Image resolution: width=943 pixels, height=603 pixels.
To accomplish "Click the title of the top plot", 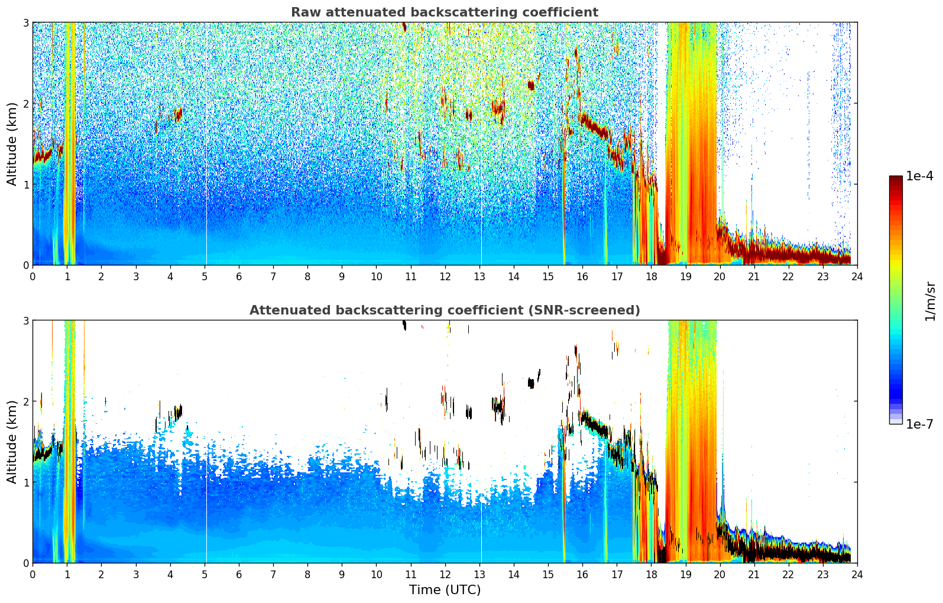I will pyautogui.click(x=444, y=12).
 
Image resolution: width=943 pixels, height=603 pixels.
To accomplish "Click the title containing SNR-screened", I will pyautogui.click(x=444, y=310).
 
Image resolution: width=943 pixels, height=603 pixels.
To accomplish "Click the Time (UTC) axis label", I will pyautogui.click(x=445, y=590).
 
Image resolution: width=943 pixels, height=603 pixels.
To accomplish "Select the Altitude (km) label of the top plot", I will pyautogui.click(x=12, y=144).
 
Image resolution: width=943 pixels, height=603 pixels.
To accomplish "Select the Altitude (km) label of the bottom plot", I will pyautogui.click(x=12, y=442).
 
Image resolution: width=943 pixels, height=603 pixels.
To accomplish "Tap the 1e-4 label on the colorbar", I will pyautogui.click(x=919, y=176).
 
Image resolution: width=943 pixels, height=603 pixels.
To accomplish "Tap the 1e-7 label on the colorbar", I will pyautogui.click(x=919, y=424).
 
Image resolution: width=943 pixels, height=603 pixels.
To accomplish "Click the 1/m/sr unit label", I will pyautogui.click(x=930, y=301).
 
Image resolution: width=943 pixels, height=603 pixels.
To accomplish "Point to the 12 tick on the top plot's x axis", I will pyautogui.click(x=445, y=276).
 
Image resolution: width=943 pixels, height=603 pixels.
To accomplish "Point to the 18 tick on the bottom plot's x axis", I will pyautogui.click(x=651, y=574).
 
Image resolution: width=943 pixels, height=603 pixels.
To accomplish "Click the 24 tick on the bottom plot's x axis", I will pyautogui.click(x=857, y=574).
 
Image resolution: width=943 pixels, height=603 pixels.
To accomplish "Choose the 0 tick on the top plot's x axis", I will pyautogui.click(x=33, y=276).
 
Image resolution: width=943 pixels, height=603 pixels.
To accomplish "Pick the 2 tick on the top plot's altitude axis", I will pyautogui.click(x=25, y=103).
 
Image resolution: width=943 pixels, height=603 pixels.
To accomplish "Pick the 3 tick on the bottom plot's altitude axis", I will pyautogui.click(x=25, y=320).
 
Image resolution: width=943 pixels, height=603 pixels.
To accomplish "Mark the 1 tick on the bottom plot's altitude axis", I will pyautogui.click(x=25, y=482).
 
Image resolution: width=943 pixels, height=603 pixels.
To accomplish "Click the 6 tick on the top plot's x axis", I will pyautogui.click(x=239, y=276).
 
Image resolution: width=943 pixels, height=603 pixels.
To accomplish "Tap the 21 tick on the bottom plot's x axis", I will pyautogui.click(x=754, y=574).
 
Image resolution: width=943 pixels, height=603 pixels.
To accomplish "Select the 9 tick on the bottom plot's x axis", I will pyautogui.click(x=342, y=574).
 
